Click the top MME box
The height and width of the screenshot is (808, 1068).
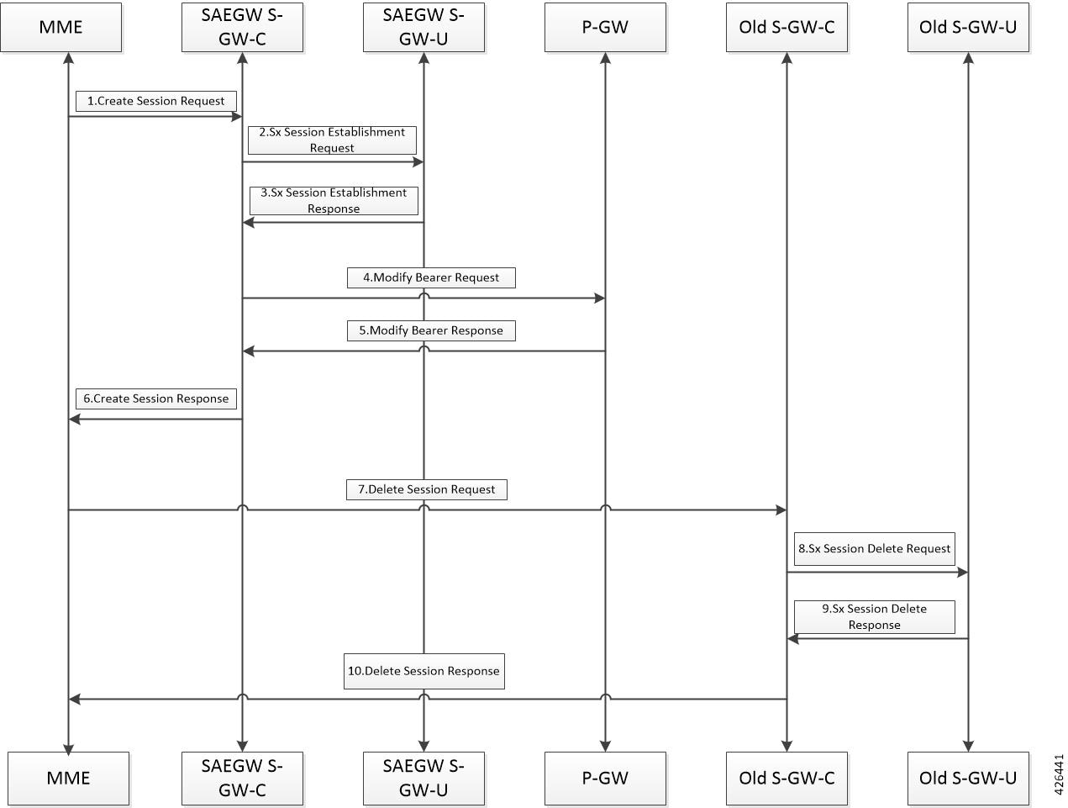pyautogui.click(x=61, y=27)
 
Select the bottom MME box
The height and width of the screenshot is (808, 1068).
pyautogui.click(x=69, y=779)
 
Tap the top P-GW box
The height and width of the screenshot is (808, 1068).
pyautogui.click(x=605, y=27)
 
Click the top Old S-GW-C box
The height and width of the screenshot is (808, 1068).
pyautogui.click(x=787, y=27)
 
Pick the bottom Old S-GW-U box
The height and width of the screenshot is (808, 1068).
pyautogui.click(x=968, y=779)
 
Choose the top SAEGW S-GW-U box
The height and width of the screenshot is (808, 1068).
pyautogui.click(x=424, y=27)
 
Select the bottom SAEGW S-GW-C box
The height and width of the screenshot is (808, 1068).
pyautogui.click(x=242, y=779)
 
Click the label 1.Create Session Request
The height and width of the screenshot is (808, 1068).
pyautogui.click(x=156, y=101)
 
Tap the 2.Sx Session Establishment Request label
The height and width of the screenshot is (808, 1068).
pyautogui.click(x=332, y=140)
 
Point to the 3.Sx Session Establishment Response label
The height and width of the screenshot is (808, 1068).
pyautogui.click(x=334, y=201)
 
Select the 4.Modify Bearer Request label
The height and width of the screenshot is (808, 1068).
pyautogui.click(x=431, y=277)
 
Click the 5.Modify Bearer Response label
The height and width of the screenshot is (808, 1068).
pyautogui.click(x=431, y=330)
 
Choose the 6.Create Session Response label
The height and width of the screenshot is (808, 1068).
pyautogui.click(x=156, y=399)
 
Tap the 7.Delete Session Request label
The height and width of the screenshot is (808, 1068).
pyautogui.click(x=427, y=489)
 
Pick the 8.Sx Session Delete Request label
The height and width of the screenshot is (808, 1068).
pyautogui.click(x=875, y=548)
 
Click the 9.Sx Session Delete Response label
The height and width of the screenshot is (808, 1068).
pyautogui.click(x=875, y=616)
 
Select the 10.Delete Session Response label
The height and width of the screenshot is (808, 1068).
pyautogui.click(x=424, y=671)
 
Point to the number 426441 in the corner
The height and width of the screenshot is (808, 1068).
pyautogui.click(x=1059, y=775)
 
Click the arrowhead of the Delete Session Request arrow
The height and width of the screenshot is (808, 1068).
pyautogui.click(x=781, y=510)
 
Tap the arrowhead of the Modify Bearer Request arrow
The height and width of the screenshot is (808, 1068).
pyautogui.click(x=599, y=298)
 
